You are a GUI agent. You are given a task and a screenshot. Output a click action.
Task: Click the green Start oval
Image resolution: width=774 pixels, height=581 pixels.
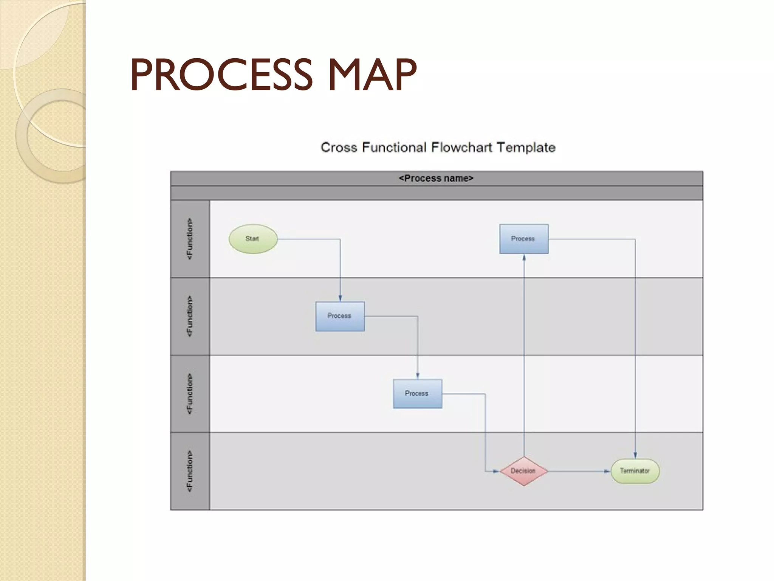(x=253, y=239)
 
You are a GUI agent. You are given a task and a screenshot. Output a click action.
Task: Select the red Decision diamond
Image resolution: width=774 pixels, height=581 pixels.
(x=523, y=471)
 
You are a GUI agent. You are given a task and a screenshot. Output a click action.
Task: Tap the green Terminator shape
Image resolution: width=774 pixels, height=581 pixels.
(x=635, y=471)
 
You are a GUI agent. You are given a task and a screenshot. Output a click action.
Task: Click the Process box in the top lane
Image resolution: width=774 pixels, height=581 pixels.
(x=523, y=239)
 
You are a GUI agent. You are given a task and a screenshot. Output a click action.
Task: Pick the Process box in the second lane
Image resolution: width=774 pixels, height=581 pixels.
(x=340, y=316)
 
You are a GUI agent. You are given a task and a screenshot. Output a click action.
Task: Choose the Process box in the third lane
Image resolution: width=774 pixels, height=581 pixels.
(x=417, y=393)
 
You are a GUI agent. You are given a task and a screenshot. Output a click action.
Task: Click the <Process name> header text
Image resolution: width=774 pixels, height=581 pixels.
(x=436, y=179)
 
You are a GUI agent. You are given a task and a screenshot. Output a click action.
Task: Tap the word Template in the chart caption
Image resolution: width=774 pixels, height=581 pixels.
(x=526, y=147)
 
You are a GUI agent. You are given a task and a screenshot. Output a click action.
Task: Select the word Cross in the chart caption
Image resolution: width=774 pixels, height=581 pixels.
(x=339, y=147)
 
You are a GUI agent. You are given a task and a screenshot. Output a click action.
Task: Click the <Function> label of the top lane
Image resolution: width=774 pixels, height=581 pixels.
(x=190, y=239)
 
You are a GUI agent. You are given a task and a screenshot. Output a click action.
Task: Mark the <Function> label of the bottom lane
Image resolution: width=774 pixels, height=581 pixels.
(x=190, y=471)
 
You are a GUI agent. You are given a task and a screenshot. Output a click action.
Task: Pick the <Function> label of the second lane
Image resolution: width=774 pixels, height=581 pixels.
(x=190, y=316)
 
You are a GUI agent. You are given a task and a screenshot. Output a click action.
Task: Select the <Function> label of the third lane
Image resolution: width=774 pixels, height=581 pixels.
(x=190, y=394)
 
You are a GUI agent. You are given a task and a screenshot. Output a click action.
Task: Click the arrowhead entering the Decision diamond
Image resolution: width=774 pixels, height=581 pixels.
(x=496, y=471)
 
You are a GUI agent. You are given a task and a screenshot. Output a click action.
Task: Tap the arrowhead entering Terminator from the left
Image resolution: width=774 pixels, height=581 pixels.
(x=607, y=471)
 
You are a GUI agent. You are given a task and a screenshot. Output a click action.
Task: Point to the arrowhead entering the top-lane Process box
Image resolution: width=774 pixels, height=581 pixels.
(x=524, y=258)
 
